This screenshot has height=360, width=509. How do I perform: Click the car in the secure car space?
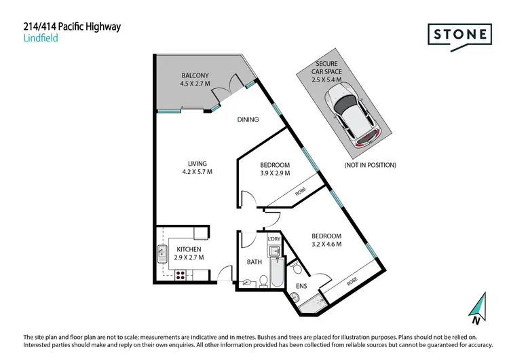point(352,113)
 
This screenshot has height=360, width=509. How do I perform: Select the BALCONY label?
point(195,75)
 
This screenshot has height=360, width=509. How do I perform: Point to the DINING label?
point(248,120)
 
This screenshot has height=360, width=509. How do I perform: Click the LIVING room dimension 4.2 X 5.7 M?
point(197,173)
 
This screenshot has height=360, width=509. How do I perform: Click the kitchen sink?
point(162,254)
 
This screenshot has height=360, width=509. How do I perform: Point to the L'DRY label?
point(274,239)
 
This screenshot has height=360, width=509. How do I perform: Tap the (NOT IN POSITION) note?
point(370,165)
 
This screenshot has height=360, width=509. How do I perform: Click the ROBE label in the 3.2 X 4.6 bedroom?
point(352,281)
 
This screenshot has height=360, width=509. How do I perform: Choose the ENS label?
point(301,287)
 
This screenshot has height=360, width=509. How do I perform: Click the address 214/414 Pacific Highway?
point(72,27)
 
